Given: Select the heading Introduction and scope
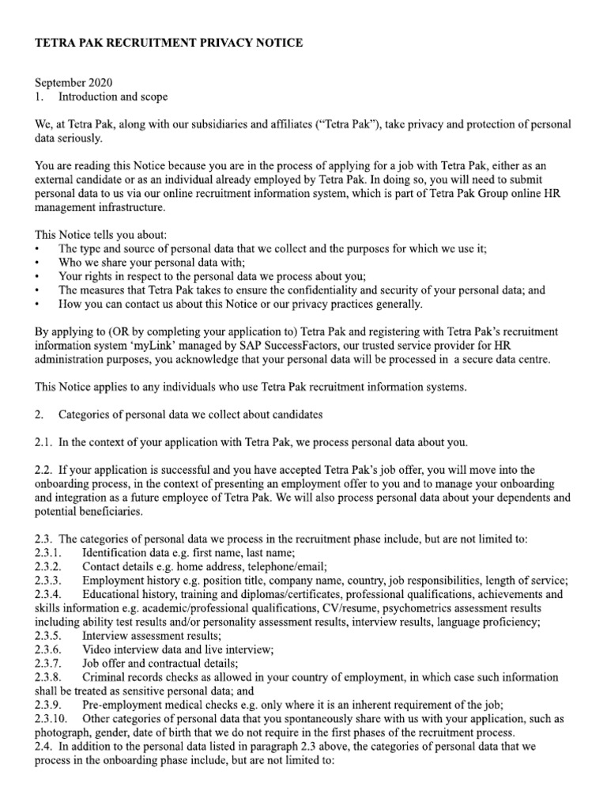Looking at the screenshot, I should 112,97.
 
